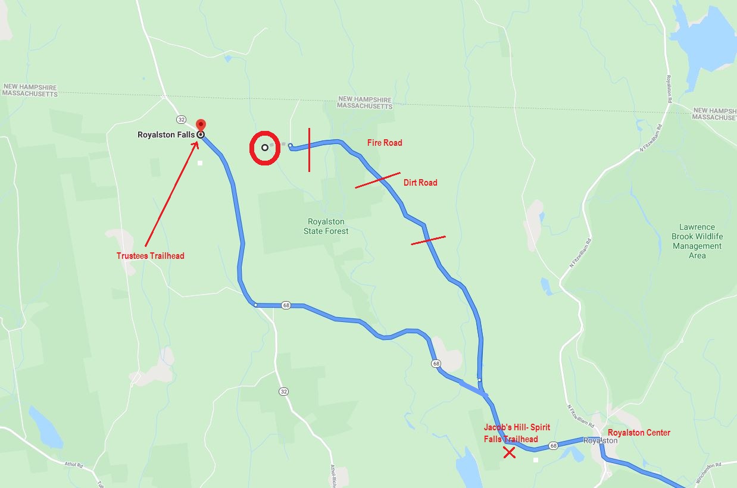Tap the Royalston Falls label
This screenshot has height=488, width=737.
click(166, 135)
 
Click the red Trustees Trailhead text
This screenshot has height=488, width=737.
click(150, 256)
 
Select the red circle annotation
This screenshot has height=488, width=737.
click(264, 148)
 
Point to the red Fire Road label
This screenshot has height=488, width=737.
click(384, 143)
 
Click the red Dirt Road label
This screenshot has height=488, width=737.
click(420, 183)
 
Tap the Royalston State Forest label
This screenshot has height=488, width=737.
click(326, 226)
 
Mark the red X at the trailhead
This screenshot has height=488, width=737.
click(509, 453)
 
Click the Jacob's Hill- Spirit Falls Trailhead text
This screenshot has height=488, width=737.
click(516, 433)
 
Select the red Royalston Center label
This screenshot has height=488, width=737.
click(639, 433)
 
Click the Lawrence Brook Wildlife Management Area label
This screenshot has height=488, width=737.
click(697, 241)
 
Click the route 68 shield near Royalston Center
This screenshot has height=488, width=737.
click(553, 446)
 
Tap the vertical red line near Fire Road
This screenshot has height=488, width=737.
click(309, 149)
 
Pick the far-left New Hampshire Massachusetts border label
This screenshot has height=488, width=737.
click(30, 90)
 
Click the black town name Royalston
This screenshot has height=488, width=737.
click(601, 441)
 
